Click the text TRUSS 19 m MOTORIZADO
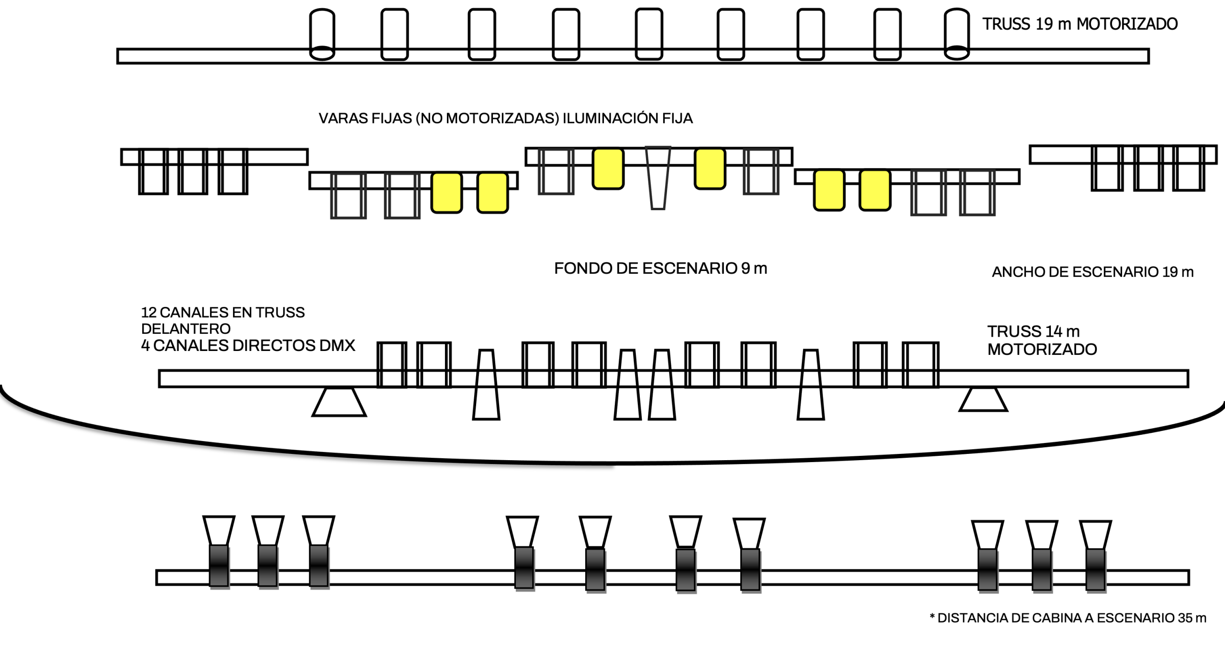(1080, 24)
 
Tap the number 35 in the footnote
(1185, 618)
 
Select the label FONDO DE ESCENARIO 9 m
(660, 269)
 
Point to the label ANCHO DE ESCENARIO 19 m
(1092, 272)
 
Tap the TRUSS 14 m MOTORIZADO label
(1042, 340)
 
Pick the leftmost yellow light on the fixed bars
(446, 192)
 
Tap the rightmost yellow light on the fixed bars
(875, 191)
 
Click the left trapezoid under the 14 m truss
(339, 402)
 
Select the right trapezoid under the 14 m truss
(983, 399)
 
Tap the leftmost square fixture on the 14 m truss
(392, 364)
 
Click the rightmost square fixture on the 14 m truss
(921, 364)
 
